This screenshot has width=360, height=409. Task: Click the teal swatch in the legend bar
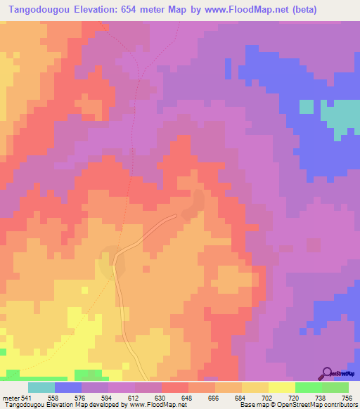(41, 387)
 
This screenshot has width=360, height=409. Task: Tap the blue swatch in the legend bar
(68, 387)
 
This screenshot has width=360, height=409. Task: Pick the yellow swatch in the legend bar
(282, 387)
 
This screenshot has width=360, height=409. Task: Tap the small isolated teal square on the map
(306, 106)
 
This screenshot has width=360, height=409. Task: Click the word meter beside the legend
(11, 397)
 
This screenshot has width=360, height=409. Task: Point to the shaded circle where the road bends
(112, 262)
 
